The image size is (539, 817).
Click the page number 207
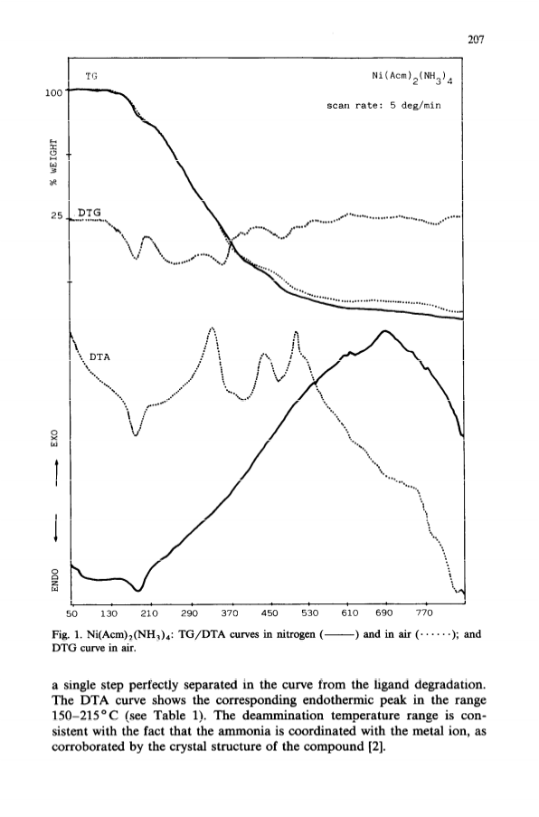(476, 40)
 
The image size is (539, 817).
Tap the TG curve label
(91, 76)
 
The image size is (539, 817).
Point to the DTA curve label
(100, 357)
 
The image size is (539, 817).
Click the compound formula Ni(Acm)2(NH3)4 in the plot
(411, 78)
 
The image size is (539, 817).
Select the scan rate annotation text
(383, 105)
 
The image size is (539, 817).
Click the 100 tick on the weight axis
(53, 93)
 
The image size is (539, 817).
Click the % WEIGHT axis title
(53, 162)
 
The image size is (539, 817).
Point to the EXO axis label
(53, 438)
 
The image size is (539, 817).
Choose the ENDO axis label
(53, 579)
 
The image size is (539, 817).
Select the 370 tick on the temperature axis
(230, 613)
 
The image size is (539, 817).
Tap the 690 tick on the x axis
(385, 613)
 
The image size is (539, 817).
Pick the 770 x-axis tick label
(424, 613)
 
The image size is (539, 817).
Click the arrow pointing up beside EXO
(54, 474)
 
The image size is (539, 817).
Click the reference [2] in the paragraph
(377, 747)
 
